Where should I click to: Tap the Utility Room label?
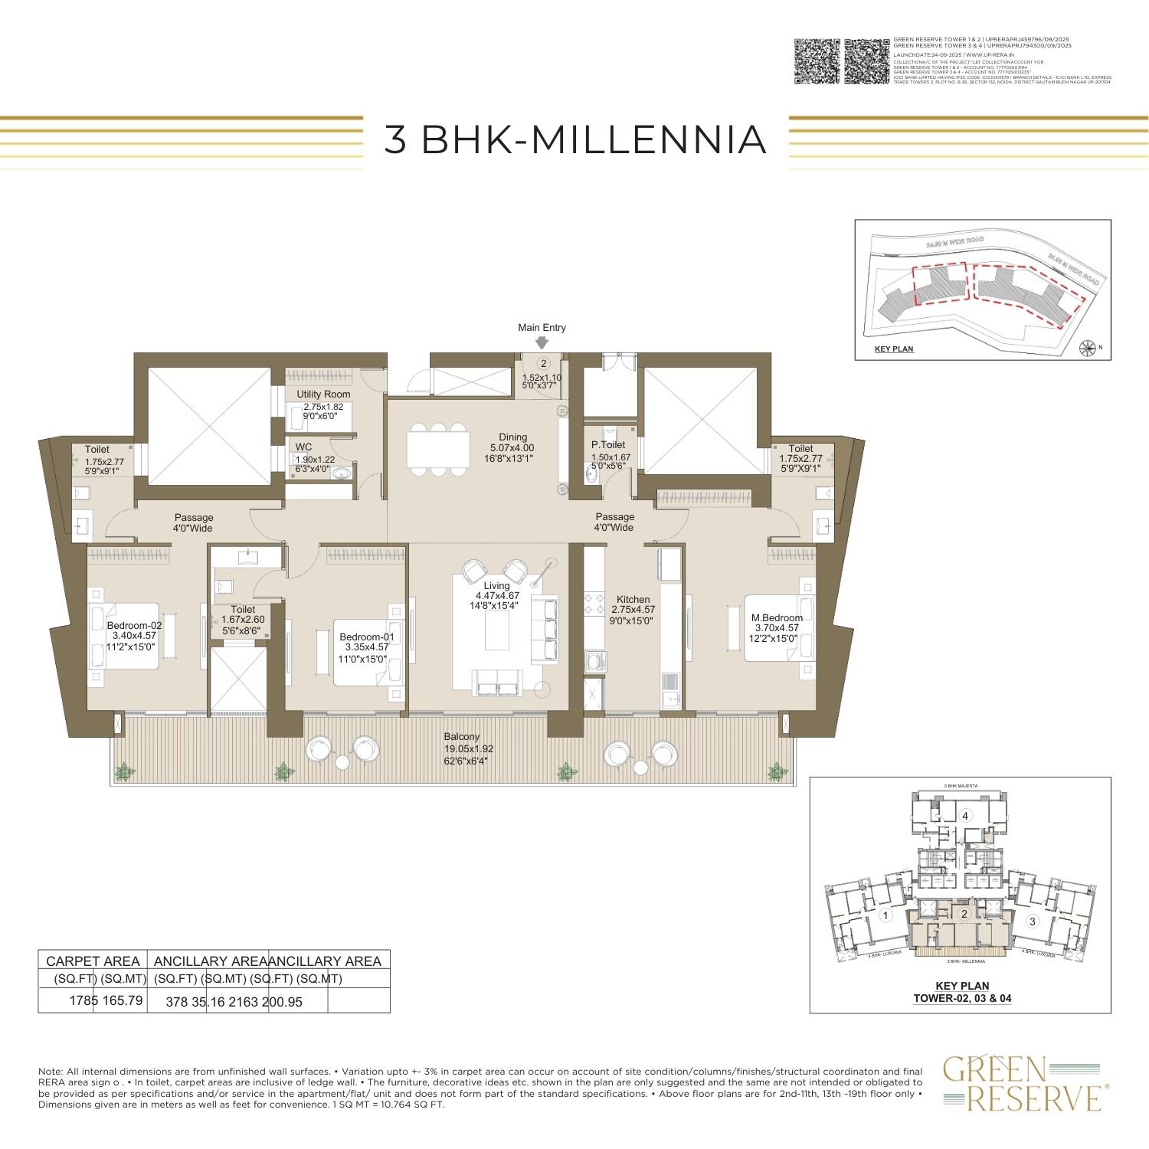pyautogui.click(x=323, y=394)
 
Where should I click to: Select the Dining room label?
pyautogui.click(x=513, y=437)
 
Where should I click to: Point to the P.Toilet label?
pyautogui.click(x=608, y=444)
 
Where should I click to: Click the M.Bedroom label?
pyautogui.click(x=777, y=617)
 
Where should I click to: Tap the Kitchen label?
pyautogui.click(x=633, y=600)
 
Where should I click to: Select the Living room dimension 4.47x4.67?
pyautogui.click(x=497, y=595)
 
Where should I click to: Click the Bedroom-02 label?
pyautogui.click(x=134, y=625)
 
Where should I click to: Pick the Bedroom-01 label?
pyautogui.click(x=366, y=637)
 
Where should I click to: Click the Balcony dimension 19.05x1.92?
pyautogui.click(x=470, y=748)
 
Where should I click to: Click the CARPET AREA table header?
pyautogui.click(x=93, y=961)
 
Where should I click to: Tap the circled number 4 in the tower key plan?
pyautogui.click(x=966, y=816)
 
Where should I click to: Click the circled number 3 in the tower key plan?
pyautogui.click(x=1032, y=921)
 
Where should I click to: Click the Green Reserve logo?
pyautogui.click(x=1023, y=1082)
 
